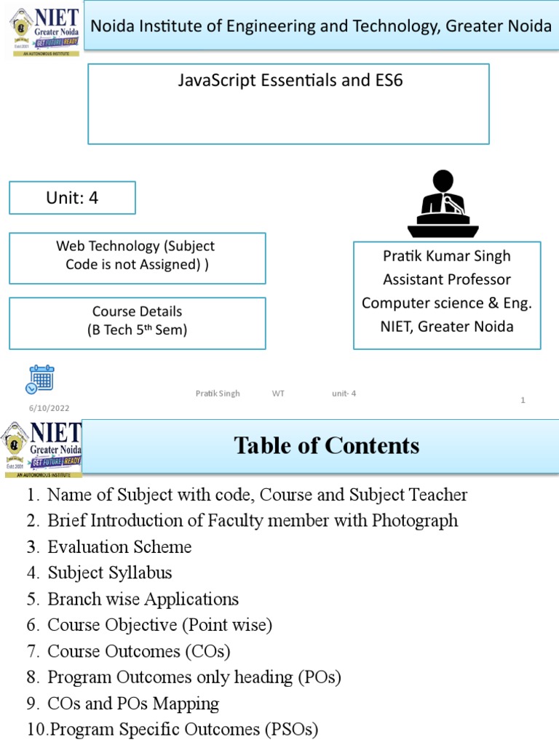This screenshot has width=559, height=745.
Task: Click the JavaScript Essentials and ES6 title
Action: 290,81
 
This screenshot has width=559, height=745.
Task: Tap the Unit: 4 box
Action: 72,198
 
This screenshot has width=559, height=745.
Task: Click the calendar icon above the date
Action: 41,379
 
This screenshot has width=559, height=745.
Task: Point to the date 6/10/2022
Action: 49,409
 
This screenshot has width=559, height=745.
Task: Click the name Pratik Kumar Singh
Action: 447,256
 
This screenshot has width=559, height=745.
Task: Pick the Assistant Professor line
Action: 447,279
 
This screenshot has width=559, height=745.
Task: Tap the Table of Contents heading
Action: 327,445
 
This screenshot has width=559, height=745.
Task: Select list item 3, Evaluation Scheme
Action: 119,547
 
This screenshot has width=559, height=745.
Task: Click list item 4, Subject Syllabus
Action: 110,573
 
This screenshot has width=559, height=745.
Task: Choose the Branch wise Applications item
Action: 143,599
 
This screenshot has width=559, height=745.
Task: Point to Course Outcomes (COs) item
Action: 138,651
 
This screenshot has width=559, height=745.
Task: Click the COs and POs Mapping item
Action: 133,704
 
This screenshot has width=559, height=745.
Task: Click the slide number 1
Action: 523,400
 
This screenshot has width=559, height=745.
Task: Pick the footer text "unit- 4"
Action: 344,394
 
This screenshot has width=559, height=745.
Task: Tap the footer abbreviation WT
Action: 278,394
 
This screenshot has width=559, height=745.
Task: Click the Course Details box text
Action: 137,321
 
